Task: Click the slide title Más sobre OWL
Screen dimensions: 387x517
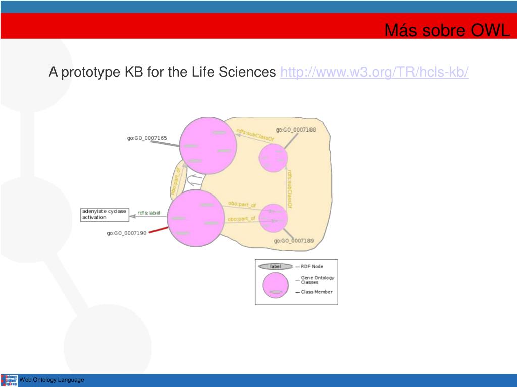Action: (x=447, y=31)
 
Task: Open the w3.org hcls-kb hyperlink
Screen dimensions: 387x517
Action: (x=374, y=72)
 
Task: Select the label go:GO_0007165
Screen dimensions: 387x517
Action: (x=147, y=138)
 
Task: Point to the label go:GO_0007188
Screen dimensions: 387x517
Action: (x=299, y=130)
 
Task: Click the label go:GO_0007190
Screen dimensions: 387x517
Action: (x=126, y=233)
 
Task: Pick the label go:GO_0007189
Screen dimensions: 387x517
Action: (x=294, y=241)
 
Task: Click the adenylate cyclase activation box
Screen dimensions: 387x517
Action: (x=104, y=214)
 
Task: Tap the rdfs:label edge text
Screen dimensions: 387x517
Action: (x=148, y=213)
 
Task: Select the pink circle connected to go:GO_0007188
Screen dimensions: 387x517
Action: (x=273, y=158)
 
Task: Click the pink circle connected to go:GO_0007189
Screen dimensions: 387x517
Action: (x=273, y=218)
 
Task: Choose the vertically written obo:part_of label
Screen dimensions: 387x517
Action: (x=175, y=182)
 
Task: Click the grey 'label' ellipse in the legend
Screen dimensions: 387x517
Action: (x=275, y=266)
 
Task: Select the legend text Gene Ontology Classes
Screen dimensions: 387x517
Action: (x=318, y=280)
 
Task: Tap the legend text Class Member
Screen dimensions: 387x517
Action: (x=317, y=292)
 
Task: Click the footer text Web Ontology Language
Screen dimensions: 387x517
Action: (x=51, y=380)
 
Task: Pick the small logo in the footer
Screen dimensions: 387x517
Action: (x=9, y=380)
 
